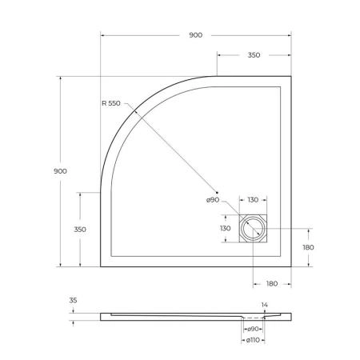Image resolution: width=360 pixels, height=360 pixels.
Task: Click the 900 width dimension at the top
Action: pos(195,35)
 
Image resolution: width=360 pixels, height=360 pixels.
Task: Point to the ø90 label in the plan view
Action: pos(213,200)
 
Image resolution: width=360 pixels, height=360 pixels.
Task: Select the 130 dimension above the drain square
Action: pos(253,200)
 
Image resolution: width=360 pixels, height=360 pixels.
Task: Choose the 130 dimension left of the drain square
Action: pos(226,229)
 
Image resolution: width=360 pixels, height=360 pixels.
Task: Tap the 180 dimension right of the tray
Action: pos(309,247)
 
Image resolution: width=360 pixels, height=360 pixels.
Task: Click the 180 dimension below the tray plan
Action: pos(271,284)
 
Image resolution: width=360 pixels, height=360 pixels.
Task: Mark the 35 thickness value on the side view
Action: pos(74,301)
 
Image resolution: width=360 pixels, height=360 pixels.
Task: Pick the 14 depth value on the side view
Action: pos(264,305)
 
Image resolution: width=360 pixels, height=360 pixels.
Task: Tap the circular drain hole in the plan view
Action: pos(254,229)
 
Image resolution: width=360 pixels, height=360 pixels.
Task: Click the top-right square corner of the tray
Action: pos(289,77)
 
